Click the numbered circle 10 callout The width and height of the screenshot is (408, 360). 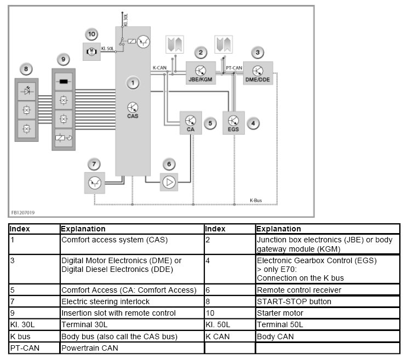91,34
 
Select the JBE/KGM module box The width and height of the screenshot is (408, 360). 201,72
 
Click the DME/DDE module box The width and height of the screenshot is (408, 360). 258,72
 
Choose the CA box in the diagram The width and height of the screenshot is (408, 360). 191,122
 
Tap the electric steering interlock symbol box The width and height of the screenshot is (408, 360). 94,182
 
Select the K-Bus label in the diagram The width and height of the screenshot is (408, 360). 256,201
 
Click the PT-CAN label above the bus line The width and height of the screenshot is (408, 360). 234,67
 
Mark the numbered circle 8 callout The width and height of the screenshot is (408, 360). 25,69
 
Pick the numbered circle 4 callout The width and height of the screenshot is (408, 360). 252,124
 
